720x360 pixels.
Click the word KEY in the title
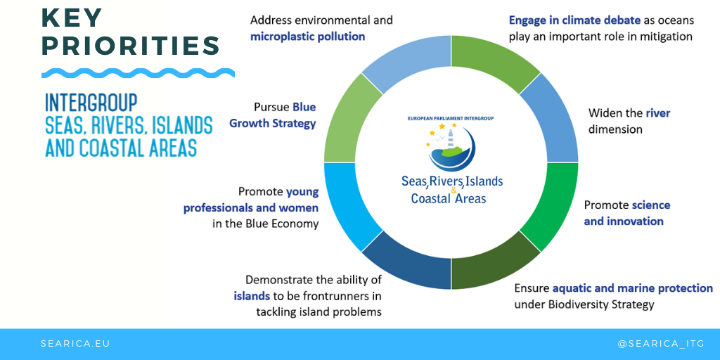pyautogui.click(x=72, y=18)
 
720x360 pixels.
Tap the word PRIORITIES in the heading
pyautogui.click(x=130, y=46)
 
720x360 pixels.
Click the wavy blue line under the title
pyautogui.click(x=138, y=73)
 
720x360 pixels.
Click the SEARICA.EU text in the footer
pyautogui.click(x=75, y=343)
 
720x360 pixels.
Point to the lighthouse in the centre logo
pyautogui.click(x=451, y=139)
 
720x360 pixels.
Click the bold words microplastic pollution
pyautogui.click(x=308, y=37)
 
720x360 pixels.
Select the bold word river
pyautogui.click(x=658, y=112)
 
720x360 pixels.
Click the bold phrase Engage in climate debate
pyautogui.click(x=574, y=20)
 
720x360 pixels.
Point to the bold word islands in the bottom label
pyautogui.click(x=252, y=295)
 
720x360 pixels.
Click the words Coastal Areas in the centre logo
pyautogui.click(x=448, y=198)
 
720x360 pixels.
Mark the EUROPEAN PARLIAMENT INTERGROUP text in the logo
pyautogui.click(x=451, y=118)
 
